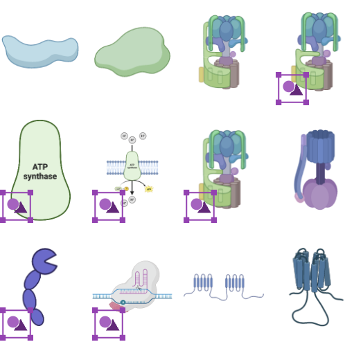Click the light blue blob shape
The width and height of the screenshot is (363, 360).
tap(39, 50)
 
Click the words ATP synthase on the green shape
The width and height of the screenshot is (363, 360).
tap(39, 172)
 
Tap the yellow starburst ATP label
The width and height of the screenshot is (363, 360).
tap(149, 189)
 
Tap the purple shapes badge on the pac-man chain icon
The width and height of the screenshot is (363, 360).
tap(15, 323)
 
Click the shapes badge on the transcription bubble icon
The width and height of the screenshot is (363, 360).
tap(109, 323)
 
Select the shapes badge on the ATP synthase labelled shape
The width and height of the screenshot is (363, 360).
tap(16, 206)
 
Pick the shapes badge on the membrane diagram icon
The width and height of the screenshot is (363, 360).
tap(109, 206)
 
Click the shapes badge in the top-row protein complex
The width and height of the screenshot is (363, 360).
tap(292, 88)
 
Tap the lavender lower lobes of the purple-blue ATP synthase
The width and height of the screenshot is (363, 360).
tap(319, 194)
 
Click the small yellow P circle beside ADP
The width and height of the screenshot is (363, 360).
tap(126, 188)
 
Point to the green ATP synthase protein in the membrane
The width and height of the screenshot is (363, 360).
tap(132, 166)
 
